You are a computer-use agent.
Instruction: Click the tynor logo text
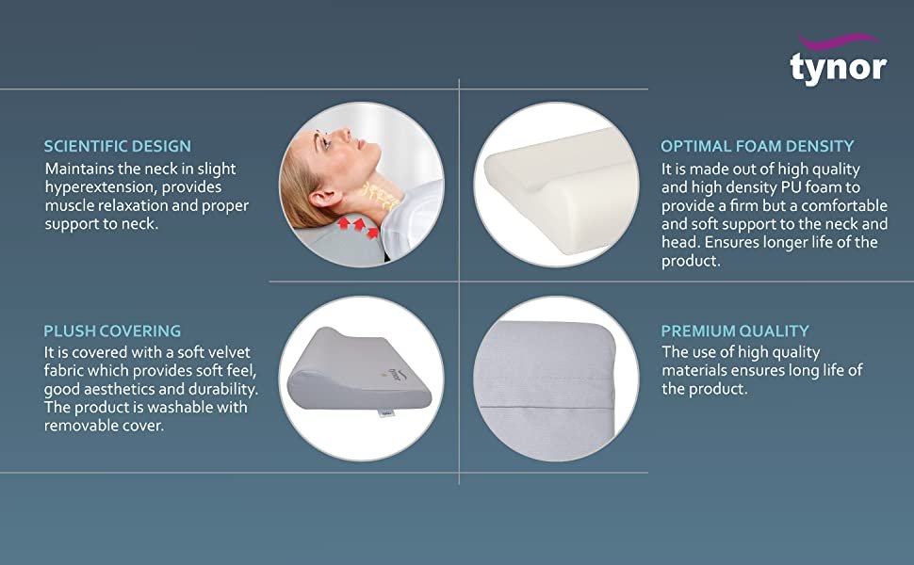point(838,67)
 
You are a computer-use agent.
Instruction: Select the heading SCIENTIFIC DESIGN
point(117,146)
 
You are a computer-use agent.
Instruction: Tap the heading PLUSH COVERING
point(112,331)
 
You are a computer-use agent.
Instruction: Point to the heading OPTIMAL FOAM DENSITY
point(757,146)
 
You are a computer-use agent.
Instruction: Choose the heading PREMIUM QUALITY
point(734,331)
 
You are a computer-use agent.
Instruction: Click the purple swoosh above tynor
point(838,40)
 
